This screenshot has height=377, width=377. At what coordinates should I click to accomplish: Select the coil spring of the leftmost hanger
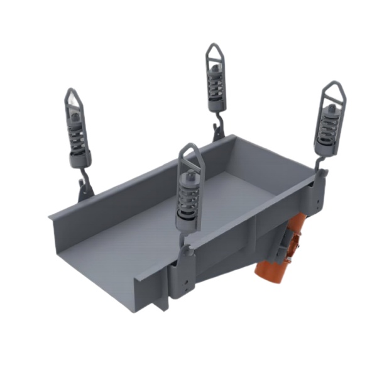click(78, 139)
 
